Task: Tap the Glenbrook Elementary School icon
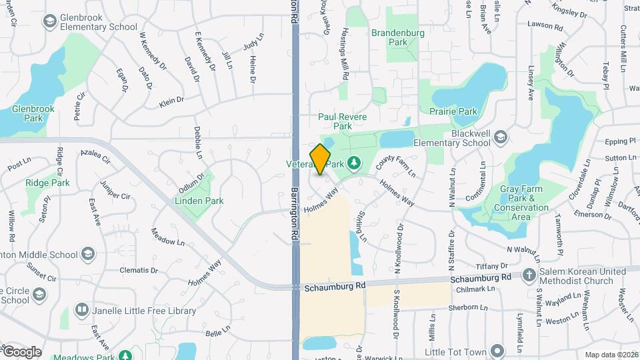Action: pos(49,21)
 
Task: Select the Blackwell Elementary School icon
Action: pos(501,138)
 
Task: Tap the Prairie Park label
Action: pos(453,111)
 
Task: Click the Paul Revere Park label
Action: pos(342,121)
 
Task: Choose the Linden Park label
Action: pos(199,201)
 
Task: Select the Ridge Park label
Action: pos(47,183)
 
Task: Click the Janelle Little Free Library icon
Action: pos(82,310)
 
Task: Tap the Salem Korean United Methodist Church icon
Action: pos(529,275)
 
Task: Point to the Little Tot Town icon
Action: pos(497,351)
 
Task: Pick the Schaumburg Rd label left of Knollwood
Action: pos(336,285)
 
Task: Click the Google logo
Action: pos(21,351)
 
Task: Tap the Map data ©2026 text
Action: pos(611,355)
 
